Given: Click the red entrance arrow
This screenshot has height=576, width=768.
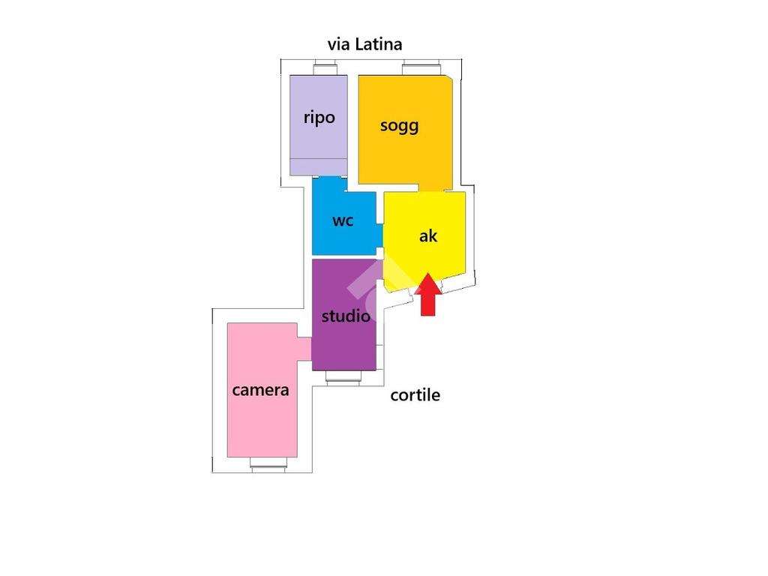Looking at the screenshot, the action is [427, 296].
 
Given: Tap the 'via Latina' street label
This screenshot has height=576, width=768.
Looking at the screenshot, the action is [364, 44].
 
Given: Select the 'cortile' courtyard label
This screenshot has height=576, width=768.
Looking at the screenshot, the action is [415, 395].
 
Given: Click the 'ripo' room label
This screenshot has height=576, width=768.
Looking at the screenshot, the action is [319, 118].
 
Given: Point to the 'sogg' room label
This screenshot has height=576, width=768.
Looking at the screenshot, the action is [399, 125].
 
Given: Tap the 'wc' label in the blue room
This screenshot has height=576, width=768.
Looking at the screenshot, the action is [343, 221].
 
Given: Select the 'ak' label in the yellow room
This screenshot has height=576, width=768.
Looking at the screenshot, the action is [428, 236].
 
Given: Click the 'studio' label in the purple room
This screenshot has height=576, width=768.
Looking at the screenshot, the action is [346, 316].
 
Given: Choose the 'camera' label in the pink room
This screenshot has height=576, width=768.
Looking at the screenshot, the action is [260, 390].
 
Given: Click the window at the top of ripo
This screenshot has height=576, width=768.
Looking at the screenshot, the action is [325, 70].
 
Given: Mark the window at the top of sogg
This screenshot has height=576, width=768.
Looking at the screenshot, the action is [423, 70].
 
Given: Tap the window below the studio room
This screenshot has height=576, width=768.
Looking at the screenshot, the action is [344, 379].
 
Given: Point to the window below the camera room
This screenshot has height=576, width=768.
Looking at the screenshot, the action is [268, 465].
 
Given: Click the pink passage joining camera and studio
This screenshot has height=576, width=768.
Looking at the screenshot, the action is [304, 349].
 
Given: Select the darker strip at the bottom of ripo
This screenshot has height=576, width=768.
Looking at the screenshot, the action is [319, 167].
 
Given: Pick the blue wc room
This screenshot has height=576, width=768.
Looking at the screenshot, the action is [330, 240].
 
